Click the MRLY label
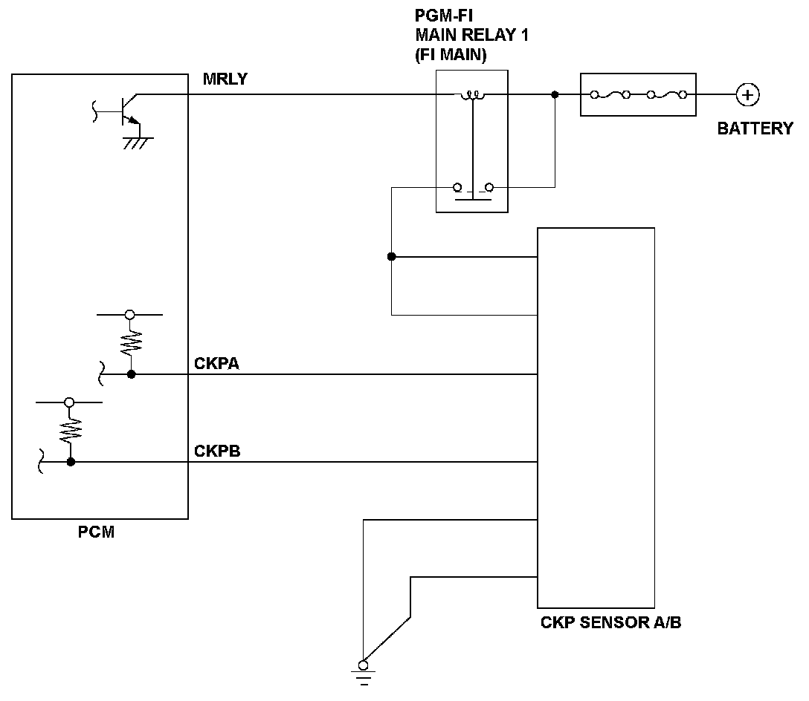tap(225, 79)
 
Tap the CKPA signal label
tap(216, 363)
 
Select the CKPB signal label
tap(216, 451)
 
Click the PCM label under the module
tap(96, 532)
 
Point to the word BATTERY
tap(755, 128)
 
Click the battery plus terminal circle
tap(747, 94)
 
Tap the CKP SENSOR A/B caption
tap(610, 622)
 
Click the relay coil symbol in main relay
tap(472, 95)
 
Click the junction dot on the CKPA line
tap(131, 374)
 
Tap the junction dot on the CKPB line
tap(71, 462)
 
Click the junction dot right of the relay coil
tap(555, 95)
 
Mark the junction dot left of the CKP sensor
tap(392, 257)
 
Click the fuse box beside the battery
tap(637, 94)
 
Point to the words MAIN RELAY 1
tap(472, 36)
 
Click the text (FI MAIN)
tap(451, 54)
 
